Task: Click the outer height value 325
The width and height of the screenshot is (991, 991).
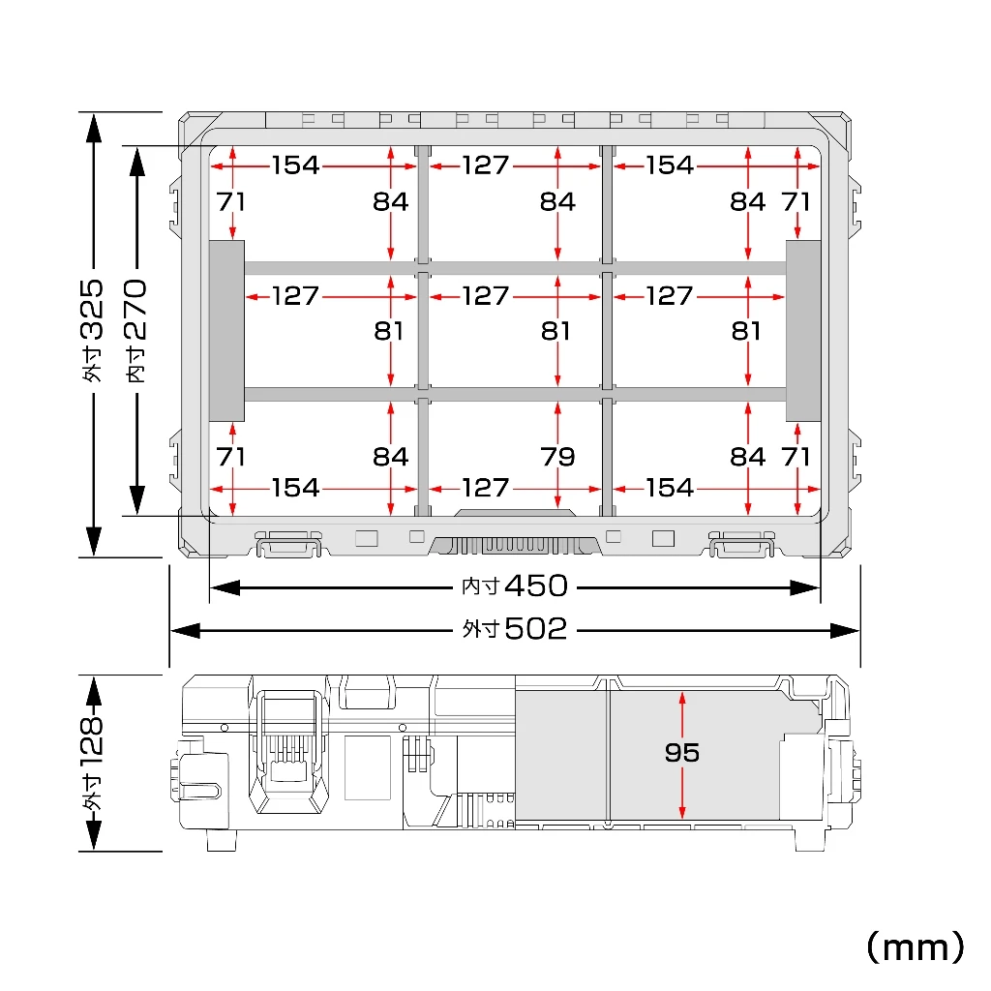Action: pyautogui.click(x=92, y=309)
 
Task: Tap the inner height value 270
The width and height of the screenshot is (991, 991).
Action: pyautogui.click(x=135, y=310)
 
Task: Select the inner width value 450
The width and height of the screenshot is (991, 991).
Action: pyautogui.click(x=536, y=586)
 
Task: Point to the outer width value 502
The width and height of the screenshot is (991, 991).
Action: pyautogui.click(x=536, y=629)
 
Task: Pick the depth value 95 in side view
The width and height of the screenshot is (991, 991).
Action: pyautogui.click(x=682, y=752)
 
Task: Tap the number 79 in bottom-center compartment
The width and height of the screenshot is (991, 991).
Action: pyautogui.click(x=557, y=457)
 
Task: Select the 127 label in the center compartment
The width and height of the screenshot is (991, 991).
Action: pyautogui.click(x=486, y=296)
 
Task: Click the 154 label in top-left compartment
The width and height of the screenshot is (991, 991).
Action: pyautogui.click(x=296, y=165)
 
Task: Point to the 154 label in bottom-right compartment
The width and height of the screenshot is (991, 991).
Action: pyautogui.click(x=670, y=488)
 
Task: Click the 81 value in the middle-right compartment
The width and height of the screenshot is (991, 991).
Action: pyautogui.click(x=746, y=331)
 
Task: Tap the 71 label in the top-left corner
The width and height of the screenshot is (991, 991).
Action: pyautogui.click(x=230, y=201)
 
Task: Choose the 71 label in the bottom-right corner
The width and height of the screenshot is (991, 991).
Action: pyautogui.click(x=796, y=457)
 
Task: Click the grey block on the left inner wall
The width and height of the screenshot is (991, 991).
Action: pyautogui.click(x=226, y=331)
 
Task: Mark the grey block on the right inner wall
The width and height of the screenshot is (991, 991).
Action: pyautogui.click(x=803, y=331)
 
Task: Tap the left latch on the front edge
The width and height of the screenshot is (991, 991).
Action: pyautogui.click(x=288, y=544)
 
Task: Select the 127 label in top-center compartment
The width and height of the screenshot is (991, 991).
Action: pyautogui.click(x=486, y=165)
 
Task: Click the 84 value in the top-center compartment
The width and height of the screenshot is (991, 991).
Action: pyautogui.click(x=557, y=201)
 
